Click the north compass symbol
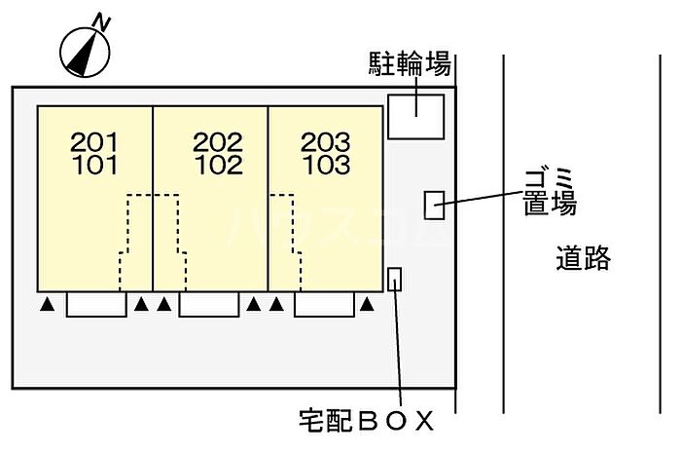85,53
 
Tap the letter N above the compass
101,22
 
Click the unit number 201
94,142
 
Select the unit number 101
94,165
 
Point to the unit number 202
218,142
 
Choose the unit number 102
219,165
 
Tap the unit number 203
326,142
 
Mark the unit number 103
326,165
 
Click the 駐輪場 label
410,64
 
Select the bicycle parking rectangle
415,117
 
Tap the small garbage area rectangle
434,205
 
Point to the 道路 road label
584,257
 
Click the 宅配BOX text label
366,420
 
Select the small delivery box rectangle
394,279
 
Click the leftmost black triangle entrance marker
48,305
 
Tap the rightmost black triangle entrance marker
367,305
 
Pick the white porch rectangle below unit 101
96,304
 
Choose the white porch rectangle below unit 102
209,304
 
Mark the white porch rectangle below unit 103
324,304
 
